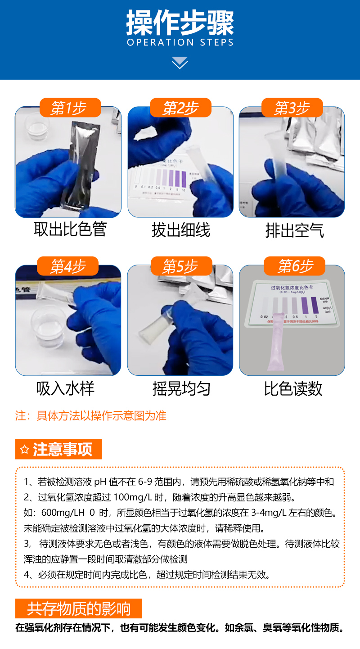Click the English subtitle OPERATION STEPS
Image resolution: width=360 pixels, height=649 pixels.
[x=180, y=43]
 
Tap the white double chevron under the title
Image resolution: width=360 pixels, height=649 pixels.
[x=180, y=63]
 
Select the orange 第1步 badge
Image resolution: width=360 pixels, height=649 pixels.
[x=69, y=108]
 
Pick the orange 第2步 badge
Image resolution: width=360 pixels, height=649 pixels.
[x=180, y=108]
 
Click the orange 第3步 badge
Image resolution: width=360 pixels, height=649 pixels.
[x=292, y=108]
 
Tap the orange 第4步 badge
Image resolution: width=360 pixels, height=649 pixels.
[x=68, y=266]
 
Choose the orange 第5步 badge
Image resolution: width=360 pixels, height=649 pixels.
[x=180, y=266]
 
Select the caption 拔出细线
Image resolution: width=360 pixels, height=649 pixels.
[x=180, y=230]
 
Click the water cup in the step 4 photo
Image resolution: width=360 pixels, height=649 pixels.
[x=47, y=326]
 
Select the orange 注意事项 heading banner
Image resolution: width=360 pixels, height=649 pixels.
[x=58, y=449]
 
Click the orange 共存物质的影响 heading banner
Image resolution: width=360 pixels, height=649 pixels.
[x=79, y=608]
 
